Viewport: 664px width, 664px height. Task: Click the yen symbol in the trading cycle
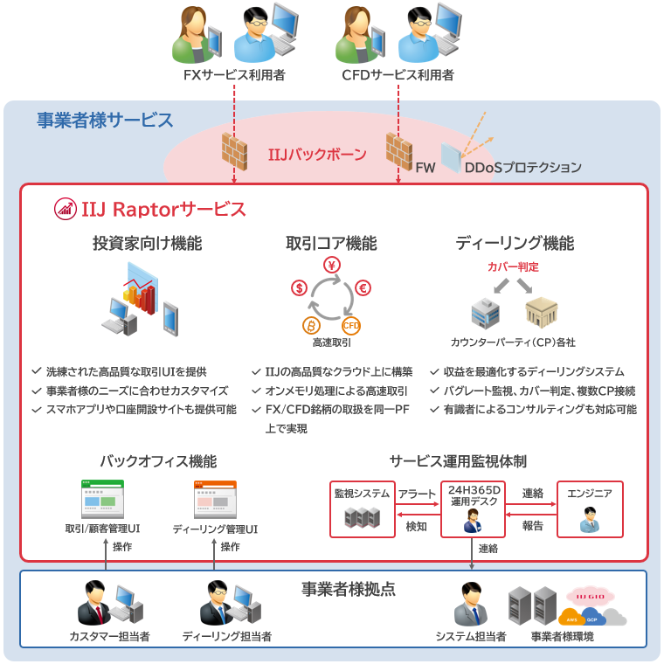coord(332,266)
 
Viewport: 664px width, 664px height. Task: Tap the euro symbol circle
coord(363,287)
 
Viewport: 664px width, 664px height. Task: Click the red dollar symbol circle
coord(299,287)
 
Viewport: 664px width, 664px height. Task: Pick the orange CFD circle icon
coord(351,326)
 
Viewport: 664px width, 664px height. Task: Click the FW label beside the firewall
coord(425,166)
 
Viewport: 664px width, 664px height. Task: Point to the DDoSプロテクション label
coord(522,166)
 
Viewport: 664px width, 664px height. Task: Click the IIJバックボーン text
coord(317,156)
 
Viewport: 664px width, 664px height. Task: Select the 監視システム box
coord(362,508)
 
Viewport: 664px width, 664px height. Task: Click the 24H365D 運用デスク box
coord(473,508)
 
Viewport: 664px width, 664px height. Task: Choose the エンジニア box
coord(590,508)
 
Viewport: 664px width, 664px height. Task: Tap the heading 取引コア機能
coord(331,243)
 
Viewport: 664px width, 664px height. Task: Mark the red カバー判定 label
coord(513,266)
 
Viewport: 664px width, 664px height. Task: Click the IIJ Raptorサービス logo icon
coord(65,209)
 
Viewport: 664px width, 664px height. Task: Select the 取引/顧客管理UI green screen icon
coord(102,500)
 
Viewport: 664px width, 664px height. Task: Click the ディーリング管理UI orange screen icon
coord(214,500)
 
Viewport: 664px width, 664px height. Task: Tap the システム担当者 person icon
coord(470,604)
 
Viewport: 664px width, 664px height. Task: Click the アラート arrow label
coord(417,494)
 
